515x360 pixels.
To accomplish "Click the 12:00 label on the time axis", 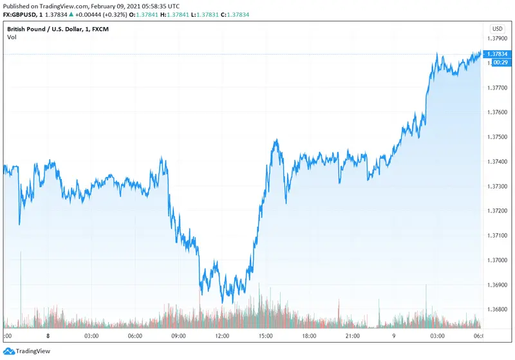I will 222,336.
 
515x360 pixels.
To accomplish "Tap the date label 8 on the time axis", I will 48,336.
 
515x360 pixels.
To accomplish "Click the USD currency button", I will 497,29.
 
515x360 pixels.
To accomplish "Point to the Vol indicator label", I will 12,37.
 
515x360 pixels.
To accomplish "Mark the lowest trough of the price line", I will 223,302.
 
